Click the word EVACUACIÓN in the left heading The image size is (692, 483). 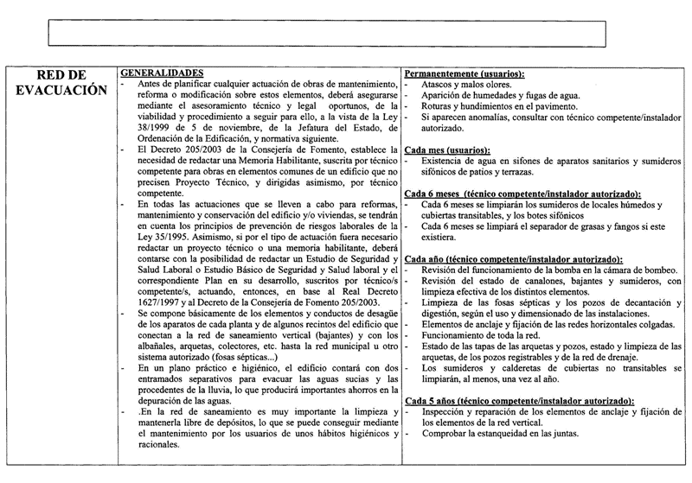tap(61, 90)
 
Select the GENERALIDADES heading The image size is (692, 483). tap(161, 72)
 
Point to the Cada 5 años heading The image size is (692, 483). tap(519, 401)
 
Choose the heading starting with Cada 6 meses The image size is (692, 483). tap(522, 194)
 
